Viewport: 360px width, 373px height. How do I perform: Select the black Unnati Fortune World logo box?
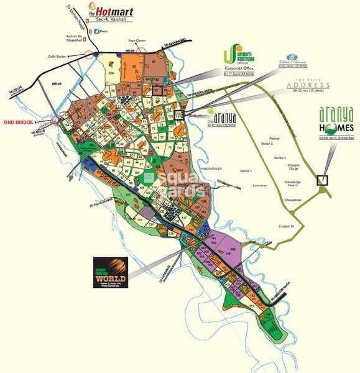pyautogui.click(x=111, y=272)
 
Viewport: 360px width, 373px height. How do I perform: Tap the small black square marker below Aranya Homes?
pyautogui.click(x=322, y=181)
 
